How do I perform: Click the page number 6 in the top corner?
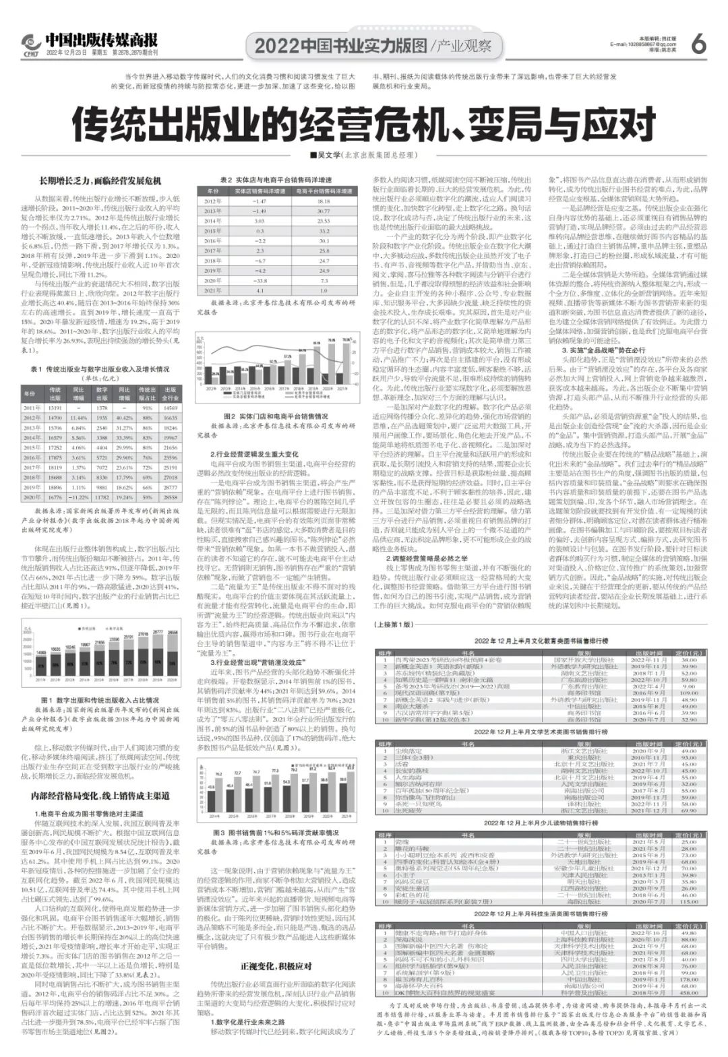tap(698, 43)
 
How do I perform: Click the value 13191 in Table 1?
tap(55, 408)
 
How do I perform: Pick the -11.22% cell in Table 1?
tap(79, 497)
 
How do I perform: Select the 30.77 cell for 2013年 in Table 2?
tap(324, 211)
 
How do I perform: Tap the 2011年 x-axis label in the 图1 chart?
tap(41, 682)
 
